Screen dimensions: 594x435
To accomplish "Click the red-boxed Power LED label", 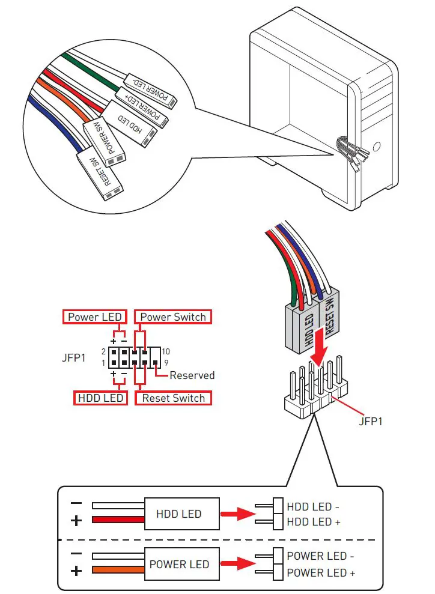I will click(95, 317).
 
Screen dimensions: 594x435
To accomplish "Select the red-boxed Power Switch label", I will click(173, 317).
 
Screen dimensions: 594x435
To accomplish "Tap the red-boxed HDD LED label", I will click(100, 398).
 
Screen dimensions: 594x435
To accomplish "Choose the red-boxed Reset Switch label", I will click(173, 398).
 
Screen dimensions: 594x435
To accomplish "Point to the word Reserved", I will click(192, 375).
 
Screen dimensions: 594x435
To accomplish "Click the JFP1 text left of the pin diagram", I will click(74, 357).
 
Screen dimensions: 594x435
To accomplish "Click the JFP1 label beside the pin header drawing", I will click(370, 421).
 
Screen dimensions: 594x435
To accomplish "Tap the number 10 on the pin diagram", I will click(166, 351).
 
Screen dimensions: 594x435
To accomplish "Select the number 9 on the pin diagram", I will click(165, 363).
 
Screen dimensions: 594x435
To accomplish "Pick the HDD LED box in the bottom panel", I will click(178, 514).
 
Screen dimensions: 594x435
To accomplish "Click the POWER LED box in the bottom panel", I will click(178, 565).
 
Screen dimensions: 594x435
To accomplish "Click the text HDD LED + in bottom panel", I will click(314, 522).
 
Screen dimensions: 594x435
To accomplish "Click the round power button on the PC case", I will click(376, 146).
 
